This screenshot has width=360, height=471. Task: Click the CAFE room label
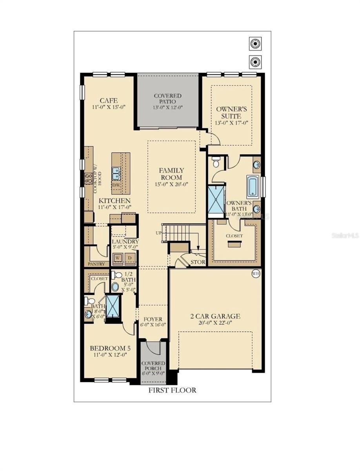(x=109, y=100)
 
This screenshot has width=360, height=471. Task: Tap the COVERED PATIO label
(x=167, y=96)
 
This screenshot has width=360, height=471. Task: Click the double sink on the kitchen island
(x=116, y=171)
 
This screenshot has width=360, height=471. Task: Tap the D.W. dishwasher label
(x=116, y=184)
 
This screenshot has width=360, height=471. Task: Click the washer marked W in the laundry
(x=118, y=258)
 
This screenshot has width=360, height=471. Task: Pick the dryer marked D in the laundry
(x=130, y=258)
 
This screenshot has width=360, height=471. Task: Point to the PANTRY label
(x=96, y=264)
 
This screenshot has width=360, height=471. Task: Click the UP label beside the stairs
(x=158, y=233)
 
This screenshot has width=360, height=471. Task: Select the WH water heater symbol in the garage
(x=256, y=273)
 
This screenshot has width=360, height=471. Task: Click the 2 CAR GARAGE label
(x=215, y=316)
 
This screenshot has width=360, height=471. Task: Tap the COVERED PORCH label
(x=153, y=366)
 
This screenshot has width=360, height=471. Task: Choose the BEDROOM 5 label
(x=110, y=348)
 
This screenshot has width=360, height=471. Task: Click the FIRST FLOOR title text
(x=172, y=390)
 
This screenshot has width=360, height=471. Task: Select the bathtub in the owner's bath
(x=252, y=186)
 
